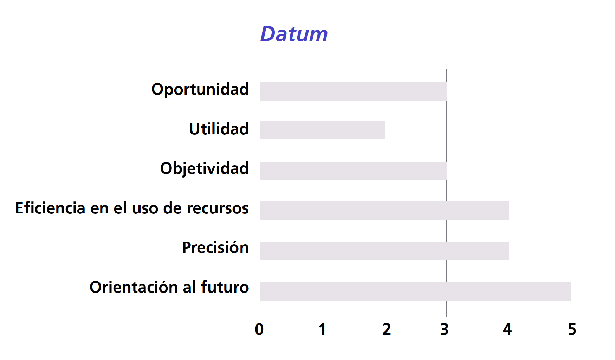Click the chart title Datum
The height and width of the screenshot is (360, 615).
(x=294, y=34)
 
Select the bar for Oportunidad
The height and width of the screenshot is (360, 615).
(x=353, y=91)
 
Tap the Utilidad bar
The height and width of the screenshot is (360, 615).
(x=322, y=130)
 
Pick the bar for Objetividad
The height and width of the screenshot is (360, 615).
(x=353, y=171)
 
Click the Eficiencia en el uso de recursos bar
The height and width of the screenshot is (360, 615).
(x=384, y=211)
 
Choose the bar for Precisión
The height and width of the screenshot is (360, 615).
(x=384, y=251)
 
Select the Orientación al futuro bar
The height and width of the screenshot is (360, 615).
(x=416, y=291)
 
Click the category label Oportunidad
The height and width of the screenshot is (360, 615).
(x=200, y=90)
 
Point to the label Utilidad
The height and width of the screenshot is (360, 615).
(x=219, y=129)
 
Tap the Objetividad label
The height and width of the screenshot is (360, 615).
(x=205, y=169)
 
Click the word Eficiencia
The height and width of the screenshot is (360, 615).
(x=50, y=208)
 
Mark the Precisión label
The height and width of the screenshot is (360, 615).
(x=215, y=247)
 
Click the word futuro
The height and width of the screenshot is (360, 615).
(x=225, y=287)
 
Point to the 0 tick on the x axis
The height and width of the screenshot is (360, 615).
(x=259, y=329)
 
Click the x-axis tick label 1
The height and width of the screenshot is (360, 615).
(x=322, y=329)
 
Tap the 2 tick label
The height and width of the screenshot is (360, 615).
(x=387, y=329)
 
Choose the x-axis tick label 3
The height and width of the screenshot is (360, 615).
(x=445, y=329)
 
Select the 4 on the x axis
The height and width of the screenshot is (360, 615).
(x=507, y=329)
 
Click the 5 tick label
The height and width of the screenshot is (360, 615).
(x=572, y=329)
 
